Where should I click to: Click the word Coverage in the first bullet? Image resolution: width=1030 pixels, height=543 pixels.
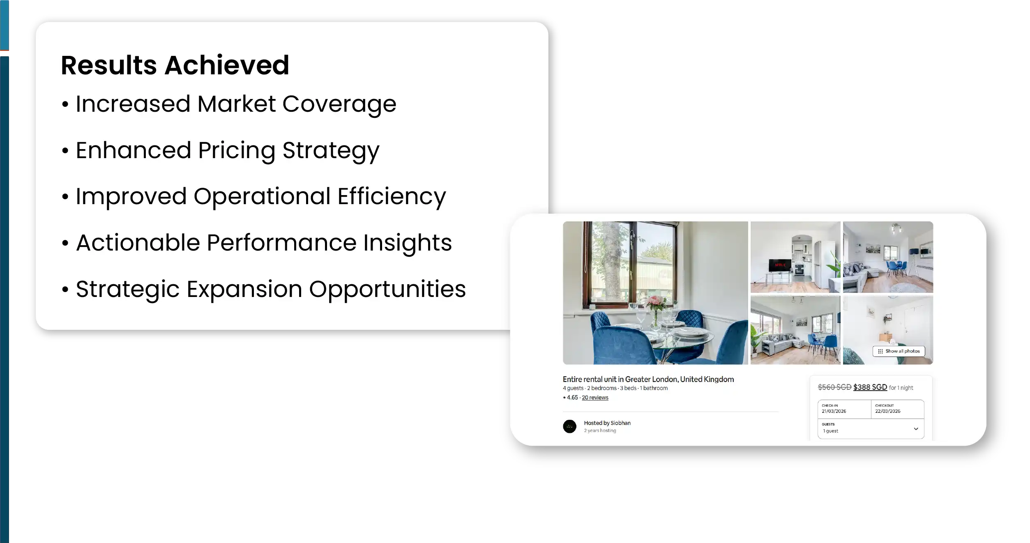coord(339,104)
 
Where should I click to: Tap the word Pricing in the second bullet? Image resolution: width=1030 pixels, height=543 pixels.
coord(237,151)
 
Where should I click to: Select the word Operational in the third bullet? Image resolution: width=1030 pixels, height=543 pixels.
coord(262,197)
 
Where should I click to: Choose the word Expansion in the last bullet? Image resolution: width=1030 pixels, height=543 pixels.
coord(244,289)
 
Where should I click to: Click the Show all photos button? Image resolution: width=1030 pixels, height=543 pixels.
coord(899,351)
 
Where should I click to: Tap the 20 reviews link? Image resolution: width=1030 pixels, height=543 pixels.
coord(595,398)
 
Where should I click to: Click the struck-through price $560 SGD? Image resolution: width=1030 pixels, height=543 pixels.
coord(834,387)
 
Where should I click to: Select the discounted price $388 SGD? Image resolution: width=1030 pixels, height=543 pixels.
coord(870,387)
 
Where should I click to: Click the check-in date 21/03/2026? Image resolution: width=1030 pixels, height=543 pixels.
coord(834,411)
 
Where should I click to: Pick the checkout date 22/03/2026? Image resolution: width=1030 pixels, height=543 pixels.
coord(887,411)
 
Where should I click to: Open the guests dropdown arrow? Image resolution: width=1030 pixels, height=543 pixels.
coord(916,429)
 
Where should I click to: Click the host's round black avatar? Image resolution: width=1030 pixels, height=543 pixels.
coord(569,426)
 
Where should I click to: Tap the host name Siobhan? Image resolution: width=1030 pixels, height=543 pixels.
coord(620,423)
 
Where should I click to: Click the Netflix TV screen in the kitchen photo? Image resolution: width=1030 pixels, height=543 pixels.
coord(780,265)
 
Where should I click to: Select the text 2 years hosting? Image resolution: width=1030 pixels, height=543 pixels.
coord(600,430)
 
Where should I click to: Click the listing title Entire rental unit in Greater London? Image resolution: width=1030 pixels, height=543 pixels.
coord(648,380)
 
